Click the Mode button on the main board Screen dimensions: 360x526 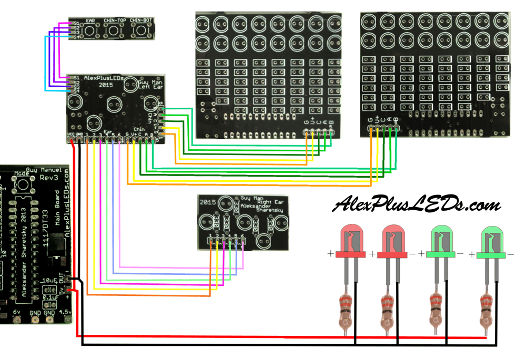(22, 185)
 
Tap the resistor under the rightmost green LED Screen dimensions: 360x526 (488, 310)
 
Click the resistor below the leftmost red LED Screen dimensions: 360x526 (346, 310)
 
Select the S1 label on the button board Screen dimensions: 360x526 (76, 24)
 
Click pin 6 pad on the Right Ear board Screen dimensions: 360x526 (242, 242)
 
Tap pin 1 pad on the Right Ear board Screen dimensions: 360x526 (211, 242)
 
